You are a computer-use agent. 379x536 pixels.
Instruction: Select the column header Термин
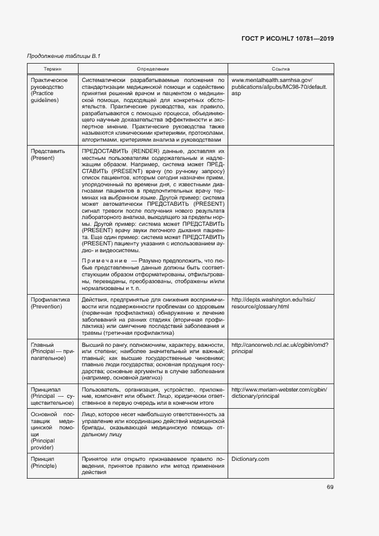coord(52,69)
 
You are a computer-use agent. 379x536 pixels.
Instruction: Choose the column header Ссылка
coord(280,69)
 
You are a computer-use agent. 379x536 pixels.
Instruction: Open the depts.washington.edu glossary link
coord(272,303)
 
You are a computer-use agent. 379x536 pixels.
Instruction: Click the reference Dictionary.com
coord(250,459)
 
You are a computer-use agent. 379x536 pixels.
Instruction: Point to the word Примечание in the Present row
coord(105,261)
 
